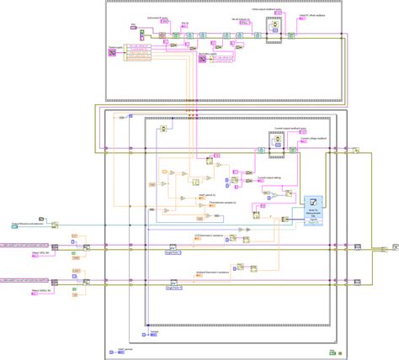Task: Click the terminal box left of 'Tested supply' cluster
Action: pos(112,54)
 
